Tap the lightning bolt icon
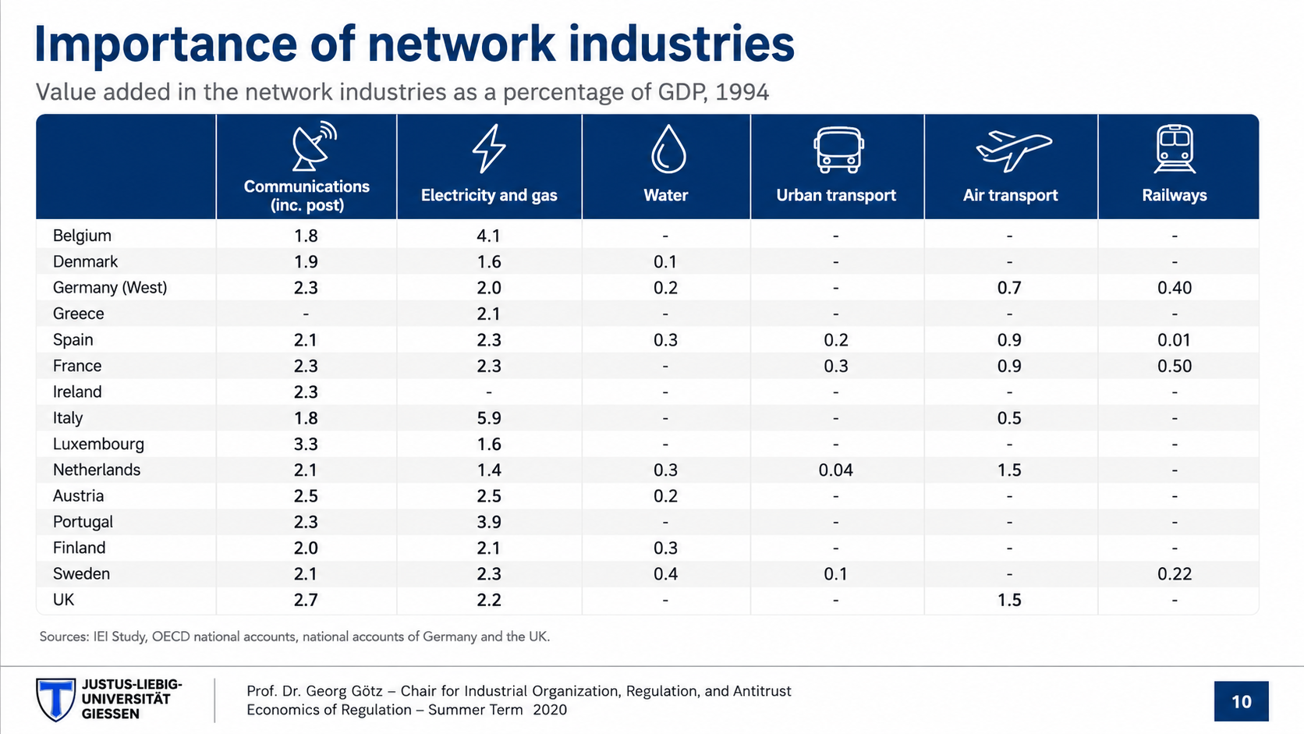(489, 148)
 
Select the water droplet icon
(668, 149)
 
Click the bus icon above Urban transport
(838, 150)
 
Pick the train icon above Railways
(1175, 149)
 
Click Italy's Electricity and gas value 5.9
(489, 418)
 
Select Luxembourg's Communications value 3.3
(306, 444)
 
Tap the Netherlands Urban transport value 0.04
(835, 470)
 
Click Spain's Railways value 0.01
(1175, 340)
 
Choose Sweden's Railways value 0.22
(1175, 574)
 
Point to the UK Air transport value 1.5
(1009, 600)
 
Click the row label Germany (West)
(110, 288)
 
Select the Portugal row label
(83, 522)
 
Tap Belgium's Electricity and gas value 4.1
(488, 236)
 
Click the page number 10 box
(1241, 701)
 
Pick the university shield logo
(56, 700)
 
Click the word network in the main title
(462, 44)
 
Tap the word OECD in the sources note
(171, 636)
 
